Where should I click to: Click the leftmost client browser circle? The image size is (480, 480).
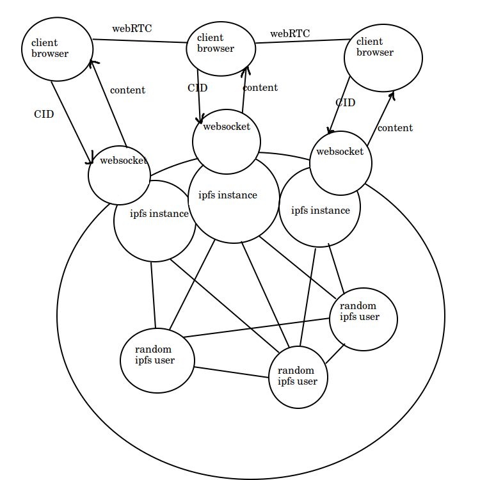[x=57, y=49]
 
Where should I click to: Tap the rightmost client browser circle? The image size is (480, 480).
[x=383, y=57]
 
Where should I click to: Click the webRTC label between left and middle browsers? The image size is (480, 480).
[x=132, y=29]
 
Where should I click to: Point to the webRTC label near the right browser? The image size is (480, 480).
[x=290, y=33]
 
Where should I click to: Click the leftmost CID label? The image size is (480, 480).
[x=44, y=114]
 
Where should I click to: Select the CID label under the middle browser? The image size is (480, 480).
[x=198, y=88]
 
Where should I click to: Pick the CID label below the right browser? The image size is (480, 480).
[x=345, y=102]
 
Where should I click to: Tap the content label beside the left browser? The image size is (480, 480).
[x=127, y=90]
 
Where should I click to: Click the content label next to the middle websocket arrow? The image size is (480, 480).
[x=260, y=88]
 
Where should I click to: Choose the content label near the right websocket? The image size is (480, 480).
[x=395, y=128]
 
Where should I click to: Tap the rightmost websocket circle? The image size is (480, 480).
[x=340, y=163]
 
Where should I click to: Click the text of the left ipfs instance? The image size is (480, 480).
[x=159, y=214]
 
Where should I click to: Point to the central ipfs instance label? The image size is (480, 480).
[x=228, y=195]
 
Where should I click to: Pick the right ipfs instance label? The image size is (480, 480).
[x=321, y=211]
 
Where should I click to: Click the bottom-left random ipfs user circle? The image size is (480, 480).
[x=157, y=360]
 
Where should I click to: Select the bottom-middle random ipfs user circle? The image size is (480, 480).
[x=298, y=377]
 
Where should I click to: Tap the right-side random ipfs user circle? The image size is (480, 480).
[x=363, y=316]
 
